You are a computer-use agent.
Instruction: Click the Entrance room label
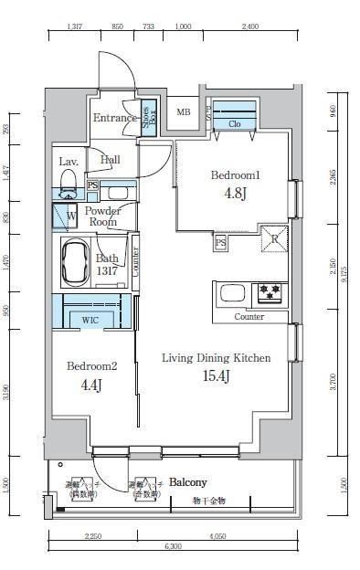pos(114,118)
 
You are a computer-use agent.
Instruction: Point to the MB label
pos(184,112)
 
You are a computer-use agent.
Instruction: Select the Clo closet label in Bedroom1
pos(235,123)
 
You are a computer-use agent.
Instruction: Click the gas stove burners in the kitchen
pos(270,292)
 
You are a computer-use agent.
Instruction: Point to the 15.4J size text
pos(216,376)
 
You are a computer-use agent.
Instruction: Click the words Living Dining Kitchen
pos(216,358)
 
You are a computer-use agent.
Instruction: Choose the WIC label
pos(90,321)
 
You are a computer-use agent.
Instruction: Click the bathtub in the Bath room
pos(74,263)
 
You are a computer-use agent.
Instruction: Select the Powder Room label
pos(102,216)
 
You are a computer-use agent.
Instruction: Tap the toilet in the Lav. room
pos(67,191)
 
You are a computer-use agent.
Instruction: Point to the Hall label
pos(110,160)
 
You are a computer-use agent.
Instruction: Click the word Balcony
pos(187,482)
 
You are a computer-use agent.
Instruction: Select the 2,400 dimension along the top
pos(249,27)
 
